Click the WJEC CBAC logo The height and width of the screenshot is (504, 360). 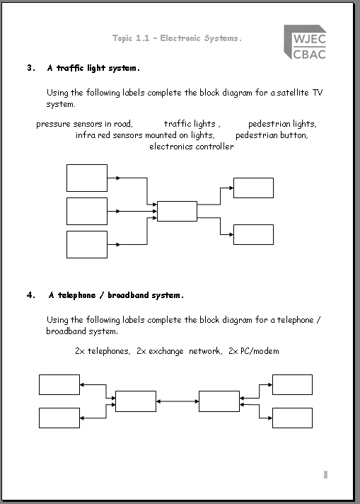tap(305, 42)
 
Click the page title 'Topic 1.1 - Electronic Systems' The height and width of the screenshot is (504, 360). tap(177, 38)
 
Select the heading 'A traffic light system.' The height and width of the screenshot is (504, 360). tap(93, 68)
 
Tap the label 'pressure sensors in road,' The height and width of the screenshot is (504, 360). tap(84, 124)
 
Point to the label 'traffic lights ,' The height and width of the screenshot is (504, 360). tap(192, 124)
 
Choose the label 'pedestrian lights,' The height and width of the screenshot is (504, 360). tap(282, 124)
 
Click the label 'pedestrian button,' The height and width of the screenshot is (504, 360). tap(272, 135)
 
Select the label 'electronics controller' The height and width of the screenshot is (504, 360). tap(192, 147)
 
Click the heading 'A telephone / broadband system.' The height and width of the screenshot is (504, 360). tap(116, 295)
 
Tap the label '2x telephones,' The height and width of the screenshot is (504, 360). tap(103, 351)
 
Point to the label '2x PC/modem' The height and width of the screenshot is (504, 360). tap(254, 351)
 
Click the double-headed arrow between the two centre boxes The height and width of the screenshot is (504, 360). tap(178, 401)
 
